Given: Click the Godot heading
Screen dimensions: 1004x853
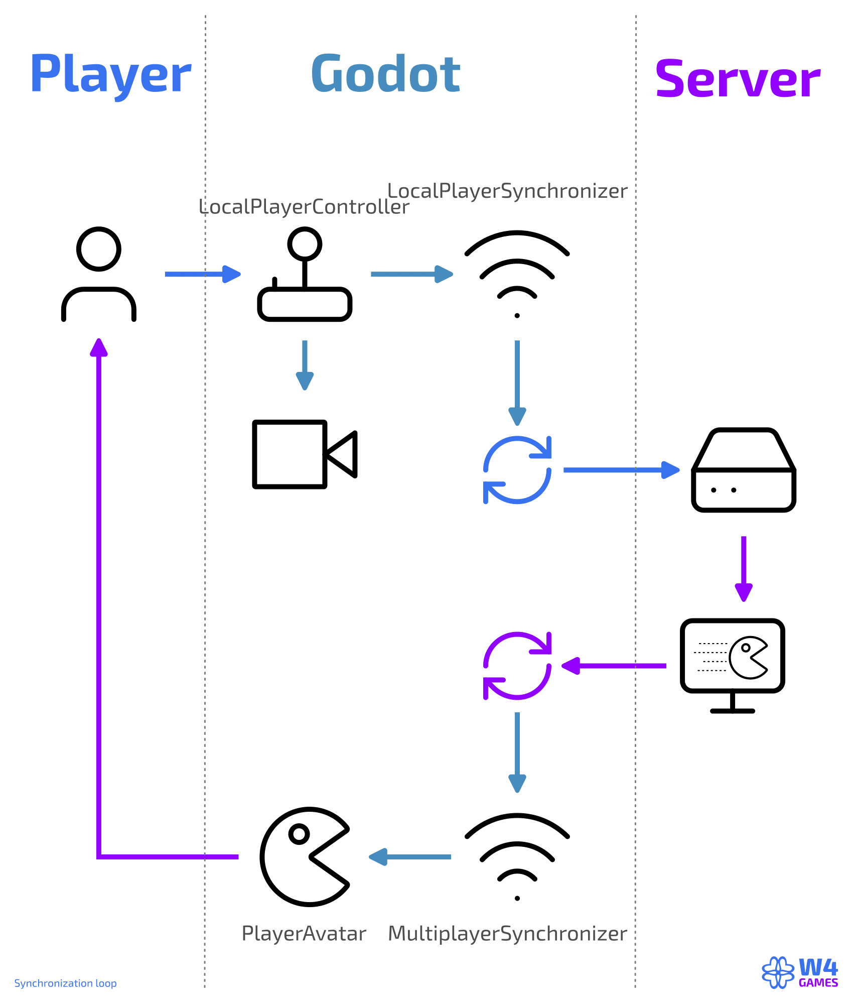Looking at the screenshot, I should (385, 74).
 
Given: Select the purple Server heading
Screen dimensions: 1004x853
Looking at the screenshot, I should (738, 79).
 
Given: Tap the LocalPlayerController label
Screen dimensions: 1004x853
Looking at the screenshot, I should (304, 207).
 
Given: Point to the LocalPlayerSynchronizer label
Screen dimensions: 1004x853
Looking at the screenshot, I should (507, 191).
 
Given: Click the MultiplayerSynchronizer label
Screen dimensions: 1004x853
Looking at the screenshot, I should (507, 934).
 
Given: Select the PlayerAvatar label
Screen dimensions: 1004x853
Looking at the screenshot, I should (304, 934).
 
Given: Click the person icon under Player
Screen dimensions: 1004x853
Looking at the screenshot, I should (99, 274).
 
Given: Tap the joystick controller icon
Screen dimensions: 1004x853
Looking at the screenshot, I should (305, 275).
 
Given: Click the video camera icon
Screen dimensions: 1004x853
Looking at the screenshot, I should (305, 454).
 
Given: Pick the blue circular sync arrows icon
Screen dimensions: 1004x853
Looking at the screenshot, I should (517, 470).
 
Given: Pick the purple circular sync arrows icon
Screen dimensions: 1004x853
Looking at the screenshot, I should (517, 666).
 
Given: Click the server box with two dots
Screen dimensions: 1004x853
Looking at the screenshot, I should (744, 470).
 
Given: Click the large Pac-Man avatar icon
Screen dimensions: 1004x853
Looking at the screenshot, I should (304, 857).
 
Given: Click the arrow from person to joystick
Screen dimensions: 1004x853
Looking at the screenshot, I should (203, 274).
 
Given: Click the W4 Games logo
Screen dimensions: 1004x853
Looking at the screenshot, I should (800, 972).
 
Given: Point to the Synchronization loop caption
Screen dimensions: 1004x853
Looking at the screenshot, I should (65, 983).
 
